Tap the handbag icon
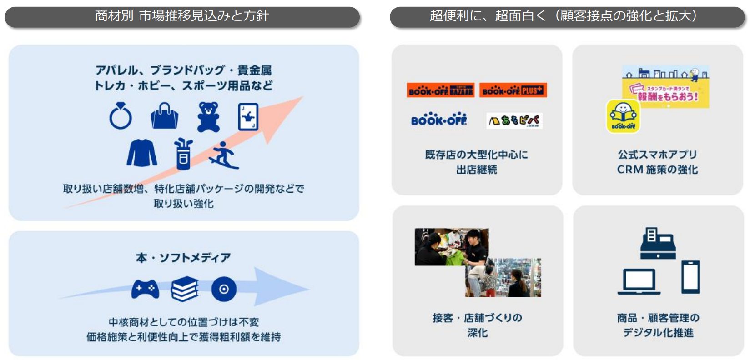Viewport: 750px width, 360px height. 165,116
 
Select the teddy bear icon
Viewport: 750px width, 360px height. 208,117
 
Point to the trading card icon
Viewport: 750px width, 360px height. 248,117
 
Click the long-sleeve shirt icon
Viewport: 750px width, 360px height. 142,153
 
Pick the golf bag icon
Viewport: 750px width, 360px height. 183,154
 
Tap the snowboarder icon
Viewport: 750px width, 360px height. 223,155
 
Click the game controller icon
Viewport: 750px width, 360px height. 145,289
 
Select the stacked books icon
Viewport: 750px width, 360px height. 185,289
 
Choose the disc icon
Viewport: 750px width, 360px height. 224,289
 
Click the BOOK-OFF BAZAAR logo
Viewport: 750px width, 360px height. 440,90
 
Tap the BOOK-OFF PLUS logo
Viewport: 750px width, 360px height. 513,90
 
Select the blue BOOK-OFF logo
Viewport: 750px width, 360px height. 439,120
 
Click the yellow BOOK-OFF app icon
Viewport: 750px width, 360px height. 623,116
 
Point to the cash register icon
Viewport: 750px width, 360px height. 658,244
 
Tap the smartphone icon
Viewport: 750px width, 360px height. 690,277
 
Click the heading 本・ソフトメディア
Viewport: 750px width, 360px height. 183,258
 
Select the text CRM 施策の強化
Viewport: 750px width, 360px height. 657,170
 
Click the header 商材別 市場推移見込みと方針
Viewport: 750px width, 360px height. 182,16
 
